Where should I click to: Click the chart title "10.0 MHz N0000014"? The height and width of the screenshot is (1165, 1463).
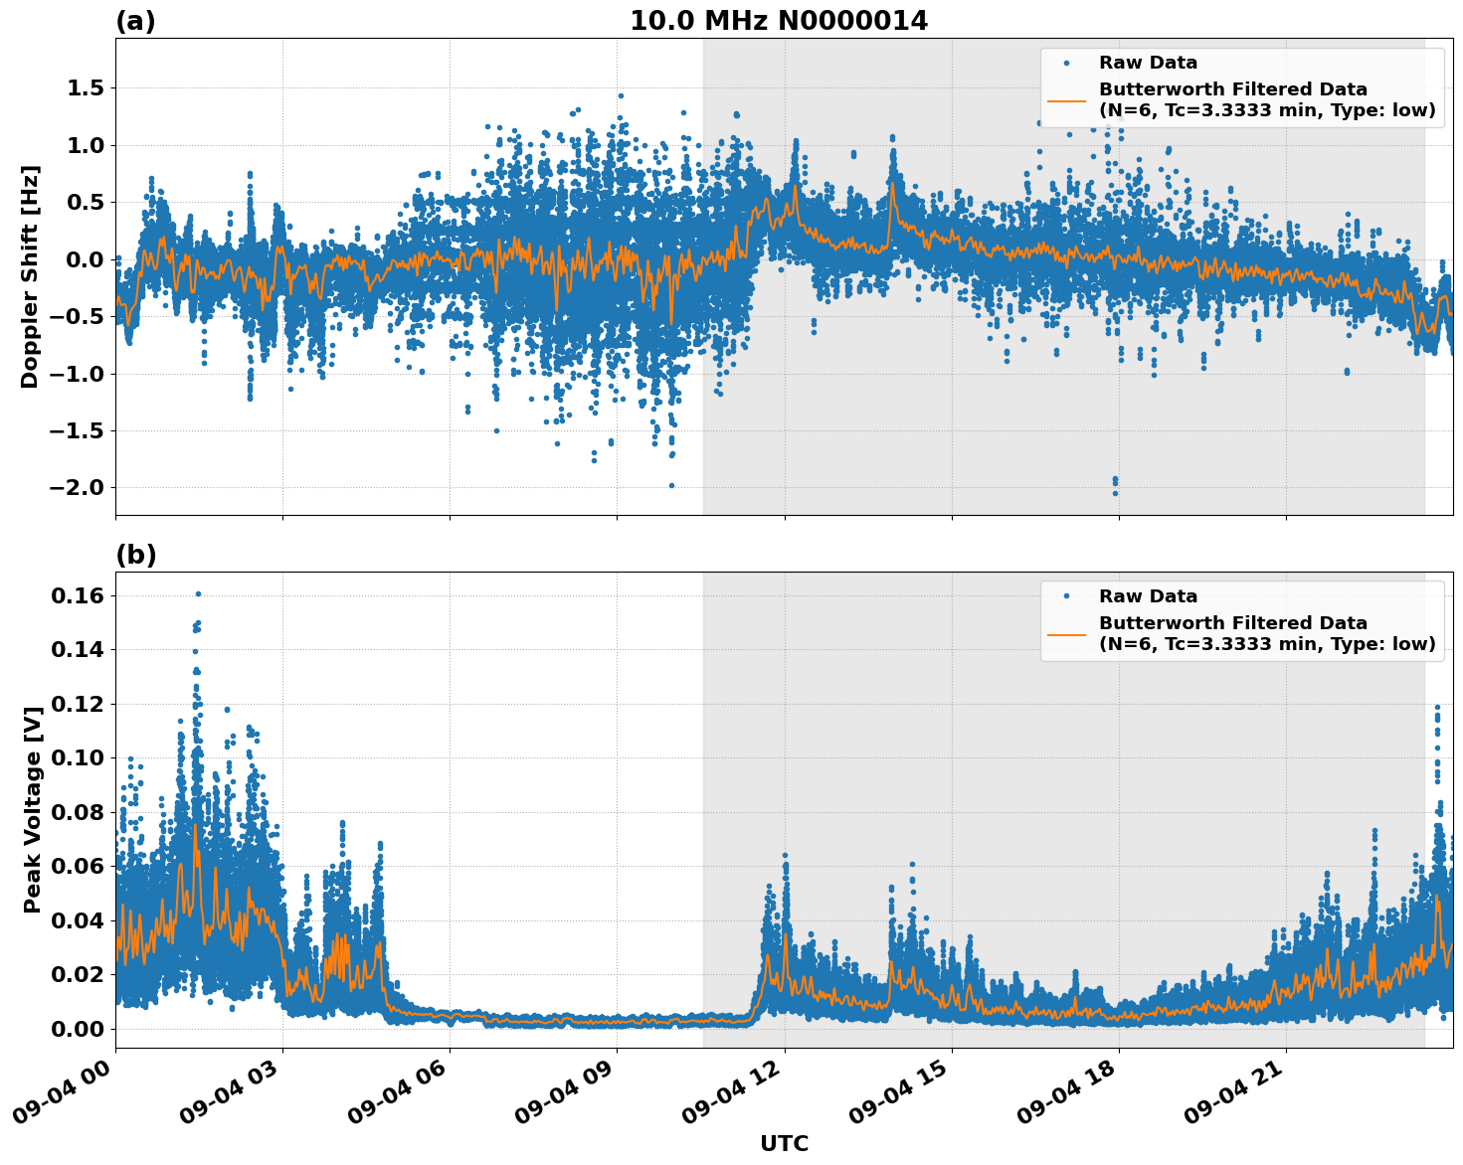(778, 21)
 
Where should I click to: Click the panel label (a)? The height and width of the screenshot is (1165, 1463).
(135, 21)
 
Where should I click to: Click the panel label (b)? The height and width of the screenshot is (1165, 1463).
(135, 555)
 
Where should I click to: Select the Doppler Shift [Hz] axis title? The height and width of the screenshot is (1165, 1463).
(30, 276)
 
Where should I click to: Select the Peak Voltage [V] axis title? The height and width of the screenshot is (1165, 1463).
(33, 810)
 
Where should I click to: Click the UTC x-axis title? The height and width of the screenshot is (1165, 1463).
(784, 1143)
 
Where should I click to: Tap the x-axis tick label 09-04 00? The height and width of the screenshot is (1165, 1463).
(64, 1099)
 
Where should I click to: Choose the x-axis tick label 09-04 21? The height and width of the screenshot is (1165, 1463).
(1234, 1099)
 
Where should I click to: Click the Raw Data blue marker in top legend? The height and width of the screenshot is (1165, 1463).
(1066, 63)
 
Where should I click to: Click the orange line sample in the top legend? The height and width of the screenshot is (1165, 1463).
(1066, 99)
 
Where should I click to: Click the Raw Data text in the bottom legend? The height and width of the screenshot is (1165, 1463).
(1148, 596)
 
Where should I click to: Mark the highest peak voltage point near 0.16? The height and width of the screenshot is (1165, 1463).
(198, 593)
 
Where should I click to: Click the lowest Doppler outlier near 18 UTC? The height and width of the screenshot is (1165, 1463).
(1115, 493)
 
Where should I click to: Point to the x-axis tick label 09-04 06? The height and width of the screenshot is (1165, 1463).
(398, 1099)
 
